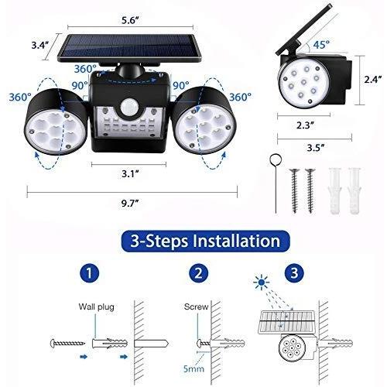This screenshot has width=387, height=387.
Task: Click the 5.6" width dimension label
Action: pos(130,20)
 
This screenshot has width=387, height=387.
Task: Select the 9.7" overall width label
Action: pos(130,204)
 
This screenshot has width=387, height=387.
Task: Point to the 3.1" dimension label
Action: pos(130,174)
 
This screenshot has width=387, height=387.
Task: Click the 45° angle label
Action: pos(321,45)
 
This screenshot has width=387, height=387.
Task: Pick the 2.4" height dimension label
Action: pos(373,79)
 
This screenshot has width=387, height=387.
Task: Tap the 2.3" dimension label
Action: pos(306,125)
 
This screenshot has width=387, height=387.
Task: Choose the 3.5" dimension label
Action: pos(315,148)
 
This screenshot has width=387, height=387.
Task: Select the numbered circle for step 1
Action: pos(89,273)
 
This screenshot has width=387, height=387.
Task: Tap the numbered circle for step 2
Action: pos(198,273)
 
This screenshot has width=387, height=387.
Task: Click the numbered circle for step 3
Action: pos(294,273)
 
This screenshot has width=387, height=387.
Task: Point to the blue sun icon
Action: pos(262,282)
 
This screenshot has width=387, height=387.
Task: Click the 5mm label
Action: pos(193,368)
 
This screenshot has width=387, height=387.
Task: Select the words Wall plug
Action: pos(96,307)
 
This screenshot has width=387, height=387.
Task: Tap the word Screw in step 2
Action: pos(196,307)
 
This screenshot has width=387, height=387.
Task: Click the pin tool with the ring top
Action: pos(276,183)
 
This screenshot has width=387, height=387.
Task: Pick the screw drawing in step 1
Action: pos(67,344)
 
